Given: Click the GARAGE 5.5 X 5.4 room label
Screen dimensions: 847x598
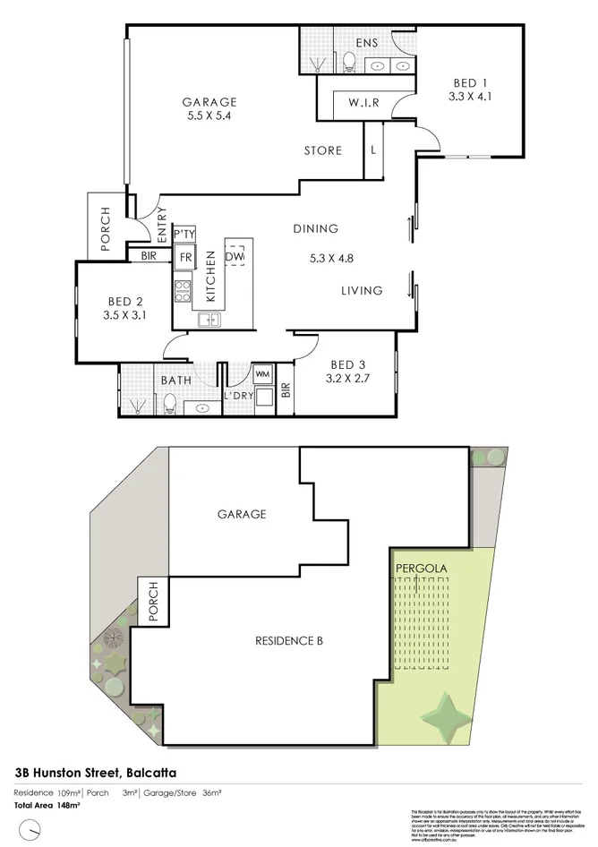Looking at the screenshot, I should [209, 109].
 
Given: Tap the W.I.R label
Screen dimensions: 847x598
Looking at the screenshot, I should [363, 103].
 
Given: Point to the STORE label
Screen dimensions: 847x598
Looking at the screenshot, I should [323, 150].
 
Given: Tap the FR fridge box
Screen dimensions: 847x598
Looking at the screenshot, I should [185, 258].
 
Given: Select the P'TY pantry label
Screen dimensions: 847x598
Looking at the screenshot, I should [184, 235].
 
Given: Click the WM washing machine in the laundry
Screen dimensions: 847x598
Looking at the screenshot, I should [263, 372].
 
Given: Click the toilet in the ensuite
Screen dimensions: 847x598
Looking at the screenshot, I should [350, 61].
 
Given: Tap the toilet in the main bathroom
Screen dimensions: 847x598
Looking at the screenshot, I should [168, 405].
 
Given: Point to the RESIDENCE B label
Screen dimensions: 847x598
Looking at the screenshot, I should [289, 641].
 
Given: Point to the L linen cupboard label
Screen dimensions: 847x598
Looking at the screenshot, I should [372, 150].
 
